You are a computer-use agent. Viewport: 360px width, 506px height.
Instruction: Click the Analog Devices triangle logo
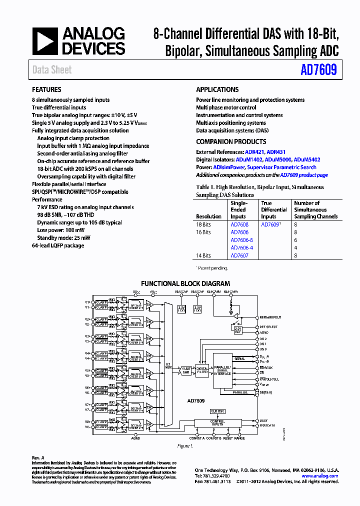45,41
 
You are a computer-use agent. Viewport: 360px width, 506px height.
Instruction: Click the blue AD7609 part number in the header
318,70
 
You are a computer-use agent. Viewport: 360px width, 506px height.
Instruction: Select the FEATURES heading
46,90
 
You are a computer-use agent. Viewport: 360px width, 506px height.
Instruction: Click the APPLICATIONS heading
217,90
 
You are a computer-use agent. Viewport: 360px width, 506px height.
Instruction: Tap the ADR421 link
254,152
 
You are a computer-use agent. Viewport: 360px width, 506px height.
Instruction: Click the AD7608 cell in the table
239,225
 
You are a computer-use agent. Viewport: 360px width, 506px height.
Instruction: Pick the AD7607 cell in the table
239,255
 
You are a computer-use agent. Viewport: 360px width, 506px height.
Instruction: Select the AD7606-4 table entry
241,248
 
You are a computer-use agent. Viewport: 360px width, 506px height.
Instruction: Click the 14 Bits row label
203,255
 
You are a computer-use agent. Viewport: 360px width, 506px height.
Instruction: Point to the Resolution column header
209,216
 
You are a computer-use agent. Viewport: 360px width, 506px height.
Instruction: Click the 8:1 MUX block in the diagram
168,366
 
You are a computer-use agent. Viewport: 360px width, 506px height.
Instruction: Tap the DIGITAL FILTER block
202,370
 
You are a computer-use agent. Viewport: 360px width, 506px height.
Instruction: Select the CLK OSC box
218,411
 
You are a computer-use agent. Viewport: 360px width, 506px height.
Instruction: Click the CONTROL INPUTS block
218,423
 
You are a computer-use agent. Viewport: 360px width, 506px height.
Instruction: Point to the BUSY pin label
263,420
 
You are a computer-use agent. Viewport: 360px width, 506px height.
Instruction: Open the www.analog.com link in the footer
320,476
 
